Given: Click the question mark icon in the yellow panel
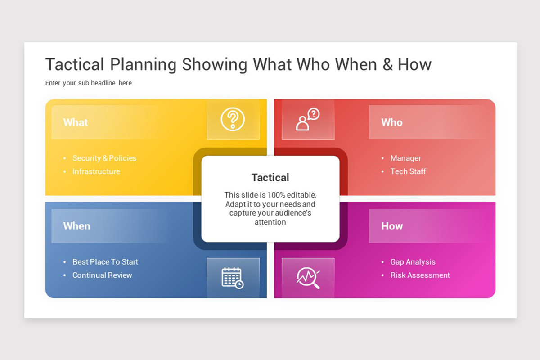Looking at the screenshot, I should coord(233,120).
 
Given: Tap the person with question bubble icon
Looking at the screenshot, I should coord(308,120).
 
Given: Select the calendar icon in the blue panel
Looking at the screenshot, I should coord(233,278).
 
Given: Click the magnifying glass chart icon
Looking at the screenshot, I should coord(308,278).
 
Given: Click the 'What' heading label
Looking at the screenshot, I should coord(76,122).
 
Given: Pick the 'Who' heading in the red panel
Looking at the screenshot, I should coord(391,122).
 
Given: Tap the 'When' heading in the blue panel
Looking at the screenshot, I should coord(76,226).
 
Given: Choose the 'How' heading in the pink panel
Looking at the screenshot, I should coord(392,226).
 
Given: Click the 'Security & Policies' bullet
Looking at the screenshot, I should coord(104,158).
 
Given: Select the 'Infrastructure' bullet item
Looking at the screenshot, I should coord(96,171).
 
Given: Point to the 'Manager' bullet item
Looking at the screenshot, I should coord(405,158).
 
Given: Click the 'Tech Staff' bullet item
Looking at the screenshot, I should coord(408,171).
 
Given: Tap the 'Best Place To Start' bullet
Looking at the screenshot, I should coord(105,262).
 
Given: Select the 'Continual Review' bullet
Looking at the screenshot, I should coord(102,275).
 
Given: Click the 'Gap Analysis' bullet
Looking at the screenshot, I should coord(413,262).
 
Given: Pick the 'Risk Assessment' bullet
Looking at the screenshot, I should coord(420,275).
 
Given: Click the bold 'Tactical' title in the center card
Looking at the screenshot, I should coord(270,177).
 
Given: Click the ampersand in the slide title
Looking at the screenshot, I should coord(387,64).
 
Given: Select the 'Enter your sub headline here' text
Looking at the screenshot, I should coord(89,83).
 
